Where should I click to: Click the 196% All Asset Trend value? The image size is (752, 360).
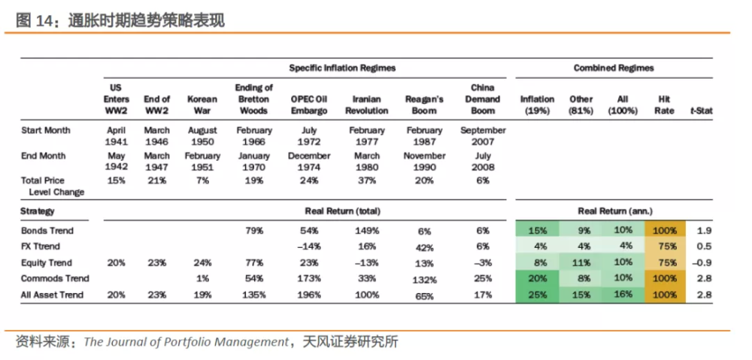click(x=309, y=295)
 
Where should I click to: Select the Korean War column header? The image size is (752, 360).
click(x=202, y=105)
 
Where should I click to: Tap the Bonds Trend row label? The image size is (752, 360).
click(x=47, y=231)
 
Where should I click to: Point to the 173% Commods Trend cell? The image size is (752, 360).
click(x=309, y=279)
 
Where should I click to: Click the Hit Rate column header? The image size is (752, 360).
click(x=664, y=105)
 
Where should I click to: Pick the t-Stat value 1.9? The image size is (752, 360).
click(x=705, y=231)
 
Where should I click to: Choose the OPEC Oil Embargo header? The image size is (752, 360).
click(x=309, y=105)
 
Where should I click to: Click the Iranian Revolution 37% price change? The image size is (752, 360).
click(x=367, y=180)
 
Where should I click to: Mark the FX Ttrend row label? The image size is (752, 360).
click(x=41, y=247)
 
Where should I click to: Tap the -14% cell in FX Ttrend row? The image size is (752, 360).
click(x=309, y=247)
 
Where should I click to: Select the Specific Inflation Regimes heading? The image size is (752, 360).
click(x=342, y=68)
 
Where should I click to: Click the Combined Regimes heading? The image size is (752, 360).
click(x=614, y=68)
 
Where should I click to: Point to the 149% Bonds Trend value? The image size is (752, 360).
click(x=367, y=231)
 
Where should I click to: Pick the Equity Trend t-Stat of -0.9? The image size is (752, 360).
click(x=703, y=263)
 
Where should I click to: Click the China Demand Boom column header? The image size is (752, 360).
click(x=483, y=99)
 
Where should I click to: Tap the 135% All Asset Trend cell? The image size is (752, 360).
click(x=254, y=295)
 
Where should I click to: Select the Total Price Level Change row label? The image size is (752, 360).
click(x=53, y=186)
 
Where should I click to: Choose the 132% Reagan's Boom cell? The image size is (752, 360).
click(x=424, y=280)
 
